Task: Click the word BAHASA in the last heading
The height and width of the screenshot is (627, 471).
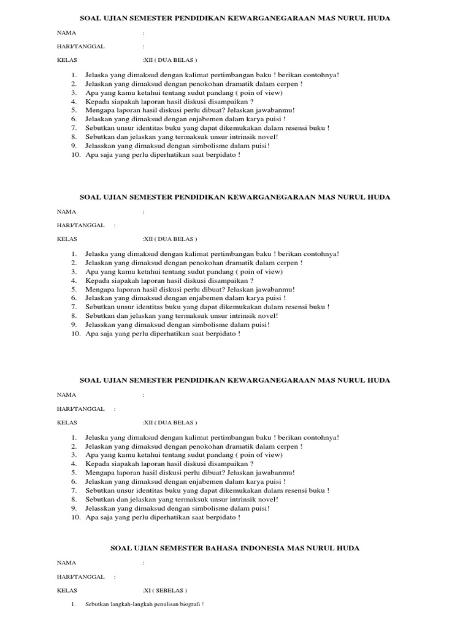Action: (228, 548)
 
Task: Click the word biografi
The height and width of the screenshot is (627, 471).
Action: (186, 604)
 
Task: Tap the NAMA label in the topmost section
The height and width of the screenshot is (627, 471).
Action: (67, 32)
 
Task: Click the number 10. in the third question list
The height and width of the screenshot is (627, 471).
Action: (76, 517)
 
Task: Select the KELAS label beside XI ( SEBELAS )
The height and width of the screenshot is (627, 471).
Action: (67, 591)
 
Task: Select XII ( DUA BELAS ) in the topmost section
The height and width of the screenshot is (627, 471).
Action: (170, 60)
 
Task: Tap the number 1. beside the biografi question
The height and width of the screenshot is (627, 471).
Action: (73, 604)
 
